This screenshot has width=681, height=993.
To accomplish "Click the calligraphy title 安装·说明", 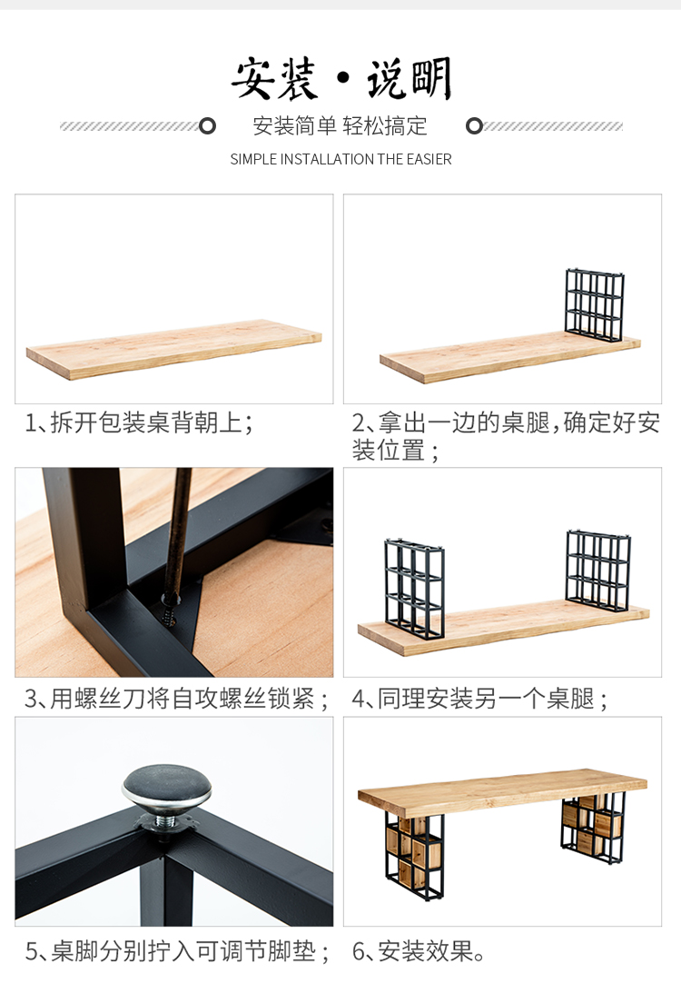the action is pyautogui.click(x=341, y=78).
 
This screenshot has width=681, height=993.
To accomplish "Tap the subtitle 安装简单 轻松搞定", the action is pyautogui.click(x=340, y=126).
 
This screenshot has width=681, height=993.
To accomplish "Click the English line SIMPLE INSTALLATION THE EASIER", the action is pyautogui.click(x=340, y=159).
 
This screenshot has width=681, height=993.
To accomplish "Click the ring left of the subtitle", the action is pyautogui.click(x=207, y=126).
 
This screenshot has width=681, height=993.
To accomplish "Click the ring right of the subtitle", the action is pyautogui.click(x=474, y=126).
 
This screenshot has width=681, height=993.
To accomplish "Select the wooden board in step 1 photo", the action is pyautogui.click(x=174, y=349).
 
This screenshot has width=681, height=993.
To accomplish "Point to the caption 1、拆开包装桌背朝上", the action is pyautogui.click(x=139, y=422).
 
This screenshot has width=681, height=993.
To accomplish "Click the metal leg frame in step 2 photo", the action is pyautogui.click(x=595, y=304).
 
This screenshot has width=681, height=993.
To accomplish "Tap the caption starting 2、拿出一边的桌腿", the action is pyautogui.click(x=505, y=436).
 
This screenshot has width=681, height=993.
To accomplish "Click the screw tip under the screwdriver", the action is pyautogui.click(x=171, y=619).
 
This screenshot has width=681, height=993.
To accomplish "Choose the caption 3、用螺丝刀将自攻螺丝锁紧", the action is pyautogui.click(x=176, y=699).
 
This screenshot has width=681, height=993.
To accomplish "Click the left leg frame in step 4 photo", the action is pyautogui.click(x=414, y=589).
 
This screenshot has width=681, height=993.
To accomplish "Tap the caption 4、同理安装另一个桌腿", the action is pyautogui.click(x=479, y=699).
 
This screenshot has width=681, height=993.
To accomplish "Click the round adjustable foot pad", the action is pyautogui.click(x=166, y=789).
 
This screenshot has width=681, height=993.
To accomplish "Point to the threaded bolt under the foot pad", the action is pyautogui.click(x=166, y=822).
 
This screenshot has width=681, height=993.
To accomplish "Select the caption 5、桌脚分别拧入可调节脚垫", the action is pyautogui.click(x=177, y=950).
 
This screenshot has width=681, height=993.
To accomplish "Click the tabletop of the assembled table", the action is pyautogui.click(x=502, y=789).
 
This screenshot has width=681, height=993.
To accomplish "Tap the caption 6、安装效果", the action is pyautogui.click(x=419, y=950).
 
